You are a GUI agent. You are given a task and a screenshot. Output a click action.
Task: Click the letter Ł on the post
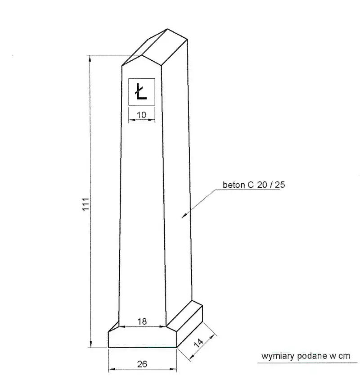(x=141, y=91)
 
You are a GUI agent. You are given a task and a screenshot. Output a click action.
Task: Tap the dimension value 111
(x=85, y=204)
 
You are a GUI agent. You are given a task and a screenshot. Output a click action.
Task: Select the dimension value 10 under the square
(x=141, y=115)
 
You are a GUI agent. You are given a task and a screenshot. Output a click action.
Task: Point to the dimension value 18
(x=142, y=321)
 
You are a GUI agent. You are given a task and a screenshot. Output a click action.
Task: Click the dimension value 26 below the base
(x=142, y=364)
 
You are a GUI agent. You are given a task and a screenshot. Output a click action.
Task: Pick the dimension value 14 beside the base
(x=198, y=343)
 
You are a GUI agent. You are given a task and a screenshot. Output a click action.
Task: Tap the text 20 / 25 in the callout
(x=271, y=185)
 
